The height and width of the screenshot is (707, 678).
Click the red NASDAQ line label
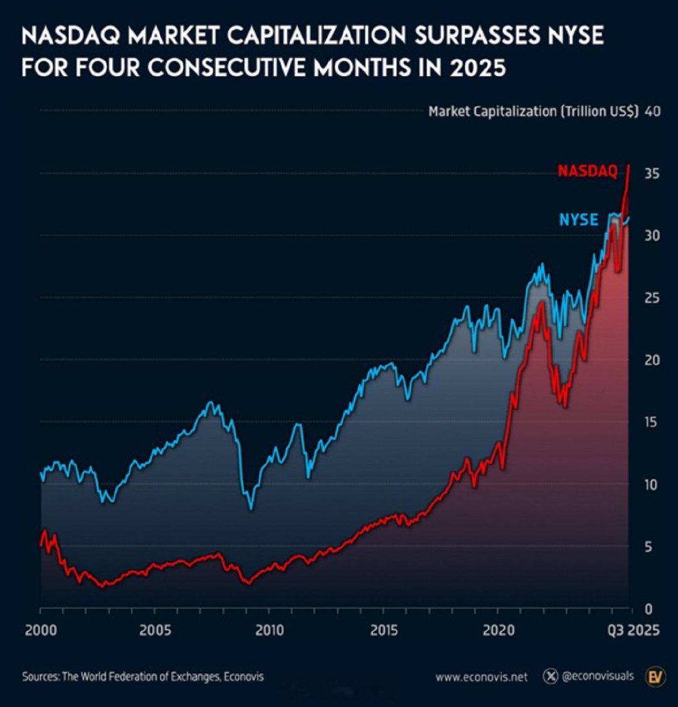pos(588,171)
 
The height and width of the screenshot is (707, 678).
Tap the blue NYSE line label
pos(578,220)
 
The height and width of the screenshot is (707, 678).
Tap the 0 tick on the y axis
pos(649,608)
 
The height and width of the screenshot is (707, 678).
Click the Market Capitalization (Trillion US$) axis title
pos(533,112)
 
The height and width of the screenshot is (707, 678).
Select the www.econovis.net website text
pos(481,677)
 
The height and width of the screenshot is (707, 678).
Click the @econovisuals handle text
pos(598,676)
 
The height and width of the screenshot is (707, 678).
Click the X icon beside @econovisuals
pos(551,676)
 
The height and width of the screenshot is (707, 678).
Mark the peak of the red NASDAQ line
pos(629,166)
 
